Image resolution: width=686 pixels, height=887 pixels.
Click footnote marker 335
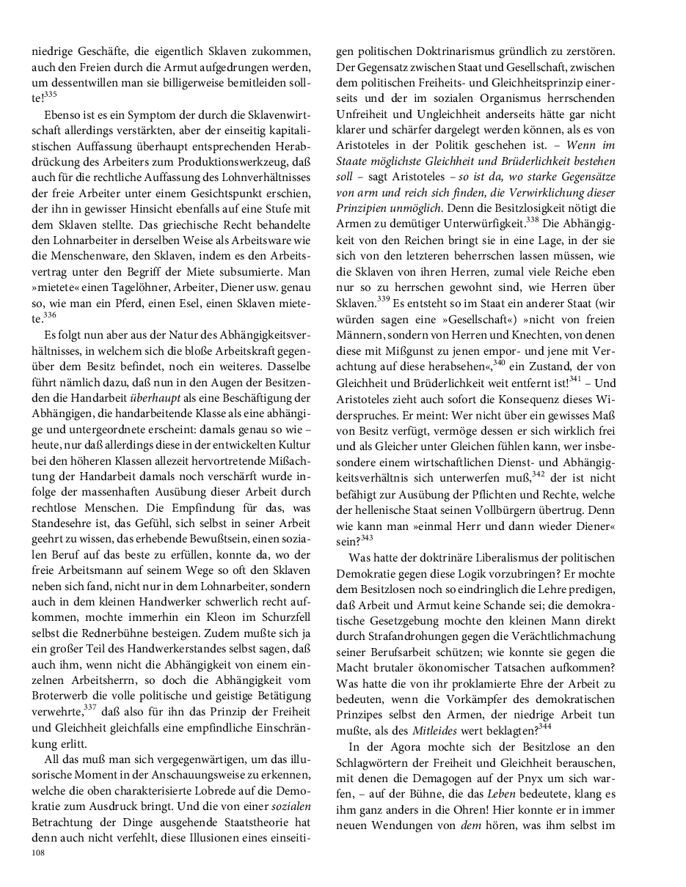pos(50,94)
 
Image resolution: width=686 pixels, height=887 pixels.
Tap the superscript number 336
pos(50,314)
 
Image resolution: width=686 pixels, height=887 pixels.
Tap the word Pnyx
pos(517,776)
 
